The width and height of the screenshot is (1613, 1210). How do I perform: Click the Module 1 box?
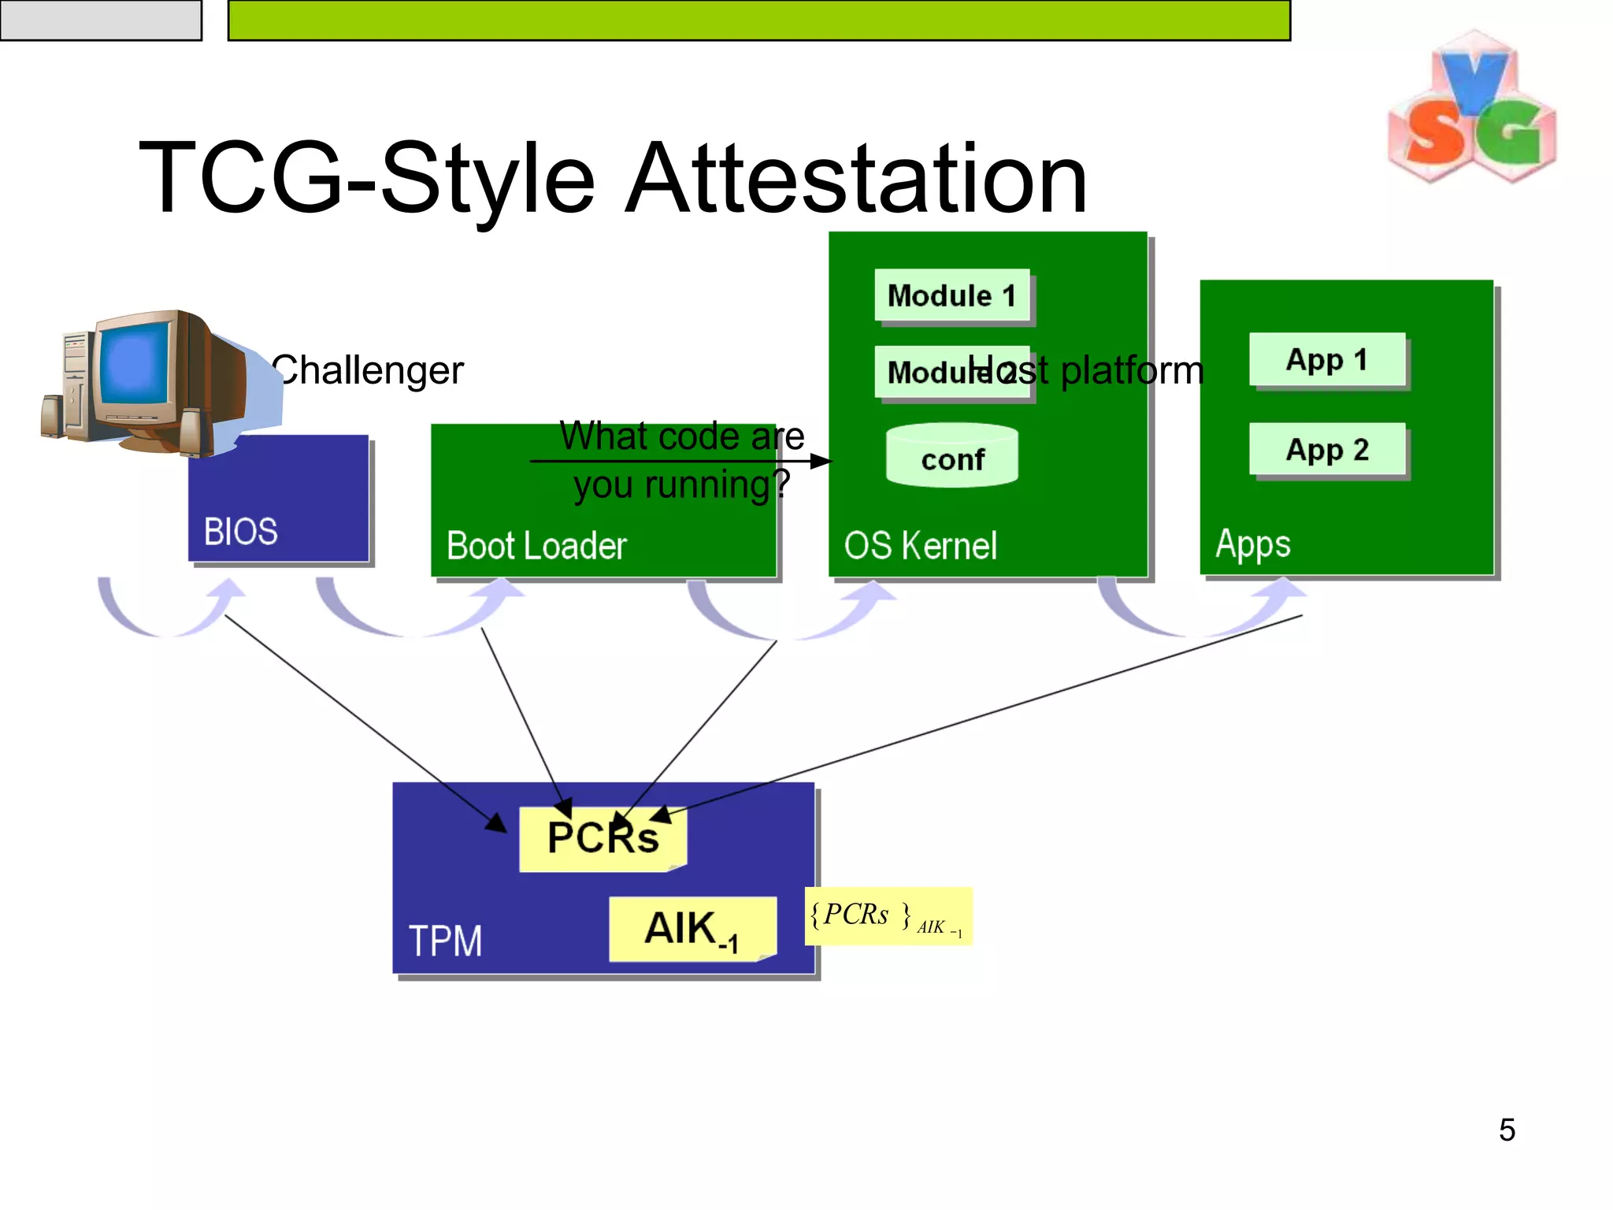pyautogui.click(x=952, y=295)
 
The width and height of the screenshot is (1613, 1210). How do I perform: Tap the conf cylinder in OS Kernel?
pyautogui.click(x=952, y=457)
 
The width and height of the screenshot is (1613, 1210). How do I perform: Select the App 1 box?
pyautogui.click(x=1327, y=359)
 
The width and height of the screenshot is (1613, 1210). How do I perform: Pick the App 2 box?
pyautogui.click(x=1327, y=449)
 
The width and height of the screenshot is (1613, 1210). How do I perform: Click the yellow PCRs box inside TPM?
pyautogui.click(x=603, y=839)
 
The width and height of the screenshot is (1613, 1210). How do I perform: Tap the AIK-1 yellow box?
pyautogui.click(x=692, y=929)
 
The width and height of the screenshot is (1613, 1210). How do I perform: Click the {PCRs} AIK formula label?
pyautogui.click(x=888, y=916)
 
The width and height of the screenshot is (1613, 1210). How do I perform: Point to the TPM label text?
pyautogui.click(x=445, y=941)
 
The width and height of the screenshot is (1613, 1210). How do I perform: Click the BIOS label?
pyautogui.click(x=240, y=532)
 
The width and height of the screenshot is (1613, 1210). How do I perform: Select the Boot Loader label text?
pyautogui.click(x=536, y=546)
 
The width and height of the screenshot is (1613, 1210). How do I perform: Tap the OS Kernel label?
pyautogui.click(x=920, y=546)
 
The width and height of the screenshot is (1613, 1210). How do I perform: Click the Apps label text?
pyautogui.click(x=1252, y=544)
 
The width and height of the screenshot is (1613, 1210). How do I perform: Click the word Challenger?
pyautogui.click(x=368, y=370)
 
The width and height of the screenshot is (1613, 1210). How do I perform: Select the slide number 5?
pyautogui.click(x=1507, y=1130)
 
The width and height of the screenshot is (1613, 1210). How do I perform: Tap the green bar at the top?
pyautogui.click(x=758, y=20)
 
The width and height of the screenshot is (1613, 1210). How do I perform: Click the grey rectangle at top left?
pyautogui.click(x=101, y=20)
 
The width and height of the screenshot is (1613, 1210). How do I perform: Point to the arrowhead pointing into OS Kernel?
pyautogui.click(x=822, y=461)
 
